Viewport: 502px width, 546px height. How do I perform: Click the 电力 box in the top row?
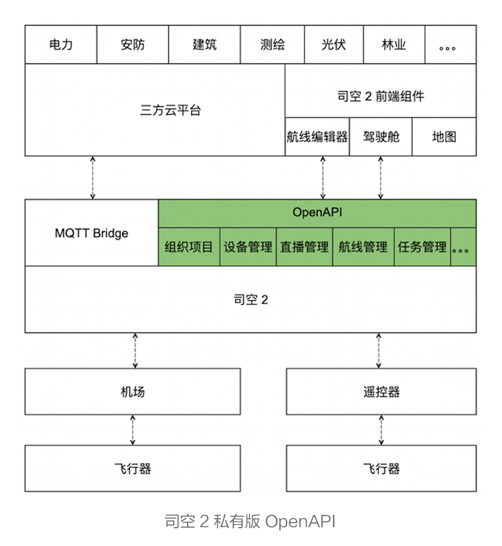[61, 44]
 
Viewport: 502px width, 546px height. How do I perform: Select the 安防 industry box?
[133, 44]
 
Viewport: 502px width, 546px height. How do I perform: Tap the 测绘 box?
[273, 44]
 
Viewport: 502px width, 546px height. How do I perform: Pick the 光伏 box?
[334, 44]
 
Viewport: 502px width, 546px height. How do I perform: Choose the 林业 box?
[394, 44]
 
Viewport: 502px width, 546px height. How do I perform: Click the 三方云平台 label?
[170, 110]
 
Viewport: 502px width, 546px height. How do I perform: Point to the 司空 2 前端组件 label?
[380, 96]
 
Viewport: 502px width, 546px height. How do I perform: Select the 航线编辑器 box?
[317, 137]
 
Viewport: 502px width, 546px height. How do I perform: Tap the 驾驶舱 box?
[380, 137]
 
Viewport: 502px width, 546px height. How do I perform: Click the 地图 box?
[444, 137]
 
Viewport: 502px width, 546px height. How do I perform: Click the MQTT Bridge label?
[92, 233]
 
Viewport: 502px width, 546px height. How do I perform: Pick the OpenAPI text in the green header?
[317, 212]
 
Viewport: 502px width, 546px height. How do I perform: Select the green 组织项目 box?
[189, 247]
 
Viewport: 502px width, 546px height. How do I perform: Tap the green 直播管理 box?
[304, 247]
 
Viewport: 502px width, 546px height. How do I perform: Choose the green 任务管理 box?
[423, 247]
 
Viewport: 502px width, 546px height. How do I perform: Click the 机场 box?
[133, 391]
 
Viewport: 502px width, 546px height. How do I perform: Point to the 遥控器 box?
[381, 391]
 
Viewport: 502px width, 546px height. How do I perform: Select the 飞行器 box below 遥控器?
[381, 468]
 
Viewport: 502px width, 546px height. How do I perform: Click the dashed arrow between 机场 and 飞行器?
[133, 430]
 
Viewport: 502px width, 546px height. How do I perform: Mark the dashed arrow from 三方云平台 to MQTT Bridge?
[93, 177]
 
